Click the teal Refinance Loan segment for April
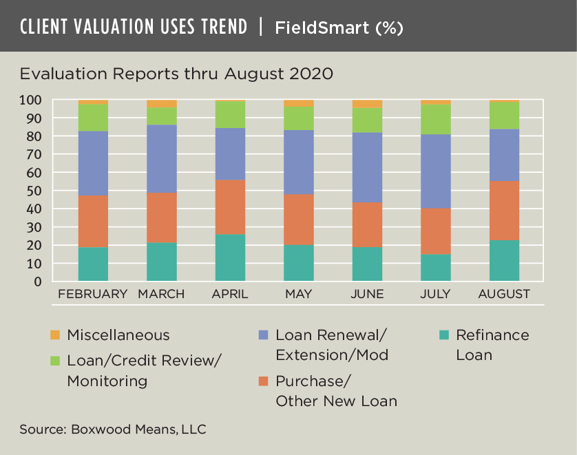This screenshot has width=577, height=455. coord(230,257)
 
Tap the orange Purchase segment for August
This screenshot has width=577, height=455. coord(503,211)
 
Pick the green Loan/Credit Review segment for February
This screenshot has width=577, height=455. coord(93,118)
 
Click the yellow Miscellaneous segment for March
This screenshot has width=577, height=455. coord(162,103)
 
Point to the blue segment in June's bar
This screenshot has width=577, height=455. coord(367,167)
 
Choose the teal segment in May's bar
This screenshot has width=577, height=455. coord(298,263)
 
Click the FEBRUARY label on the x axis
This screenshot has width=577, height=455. coord(93,294)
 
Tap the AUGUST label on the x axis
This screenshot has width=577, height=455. coord(503,294)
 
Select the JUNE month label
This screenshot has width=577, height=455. coord(367,294)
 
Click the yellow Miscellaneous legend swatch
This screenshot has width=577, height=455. coord(55,335)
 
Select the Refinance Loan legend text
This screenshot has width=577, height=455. coord(492,345)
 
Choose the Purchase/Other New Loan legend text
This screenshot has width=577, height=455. coord(336,391)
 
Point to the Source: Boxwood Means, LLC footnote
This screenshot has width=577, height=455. coord(113,430)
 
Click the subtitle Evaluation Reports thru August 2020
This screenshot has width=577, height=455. coord(176,74)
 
